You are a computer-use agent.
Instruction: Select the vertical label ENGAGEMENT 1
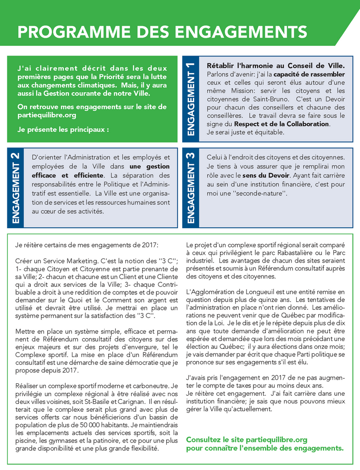[x=191, y=99]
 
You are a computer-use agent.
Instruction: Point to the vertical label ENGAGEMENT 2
[x=16, y=188]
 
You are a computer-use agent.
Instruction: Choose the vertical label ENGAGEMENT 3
[x=191, y=188]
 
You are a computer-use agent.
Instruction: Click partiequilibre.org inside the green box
[x=47, y=115]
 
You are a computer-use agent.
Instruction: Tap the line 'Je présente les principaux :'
[x=63, y=129]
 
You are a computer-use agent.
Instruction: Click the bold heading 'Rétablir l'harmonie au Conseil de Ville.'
[x=276, y=66]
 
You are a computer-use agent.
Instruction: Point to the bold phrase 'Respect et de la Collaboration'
[x=281, y=124]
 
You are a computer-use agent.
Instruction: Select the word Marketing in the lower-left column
[x=75, y=260]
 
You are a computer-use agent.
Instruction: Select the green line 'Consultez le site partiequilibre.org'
[x=247, y=440]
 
